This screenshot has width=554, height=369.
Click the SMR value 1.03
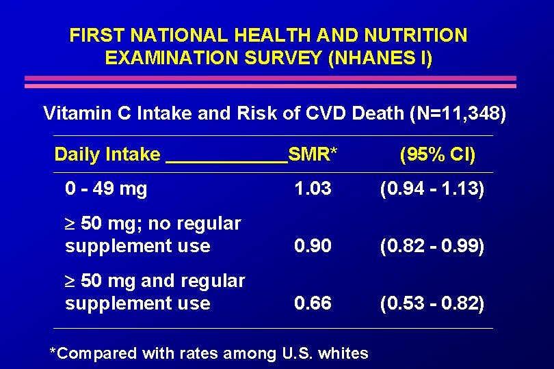[313, 189]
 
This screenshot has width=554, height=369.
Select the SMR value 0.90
[313, 246]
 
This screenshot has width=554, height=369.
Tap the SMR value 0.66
[313, 303]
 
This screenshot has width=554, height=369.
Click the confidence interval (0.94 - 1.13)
[432, 189]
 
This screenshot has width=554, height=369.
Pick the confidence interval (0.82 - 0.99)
[432, 246]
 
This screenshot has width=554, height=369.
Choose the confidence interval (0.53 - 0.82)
[432, 303]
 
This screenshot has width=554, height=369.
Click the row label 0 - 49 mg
[105, 189]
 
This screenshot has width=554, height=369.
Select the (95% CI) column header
[437, 154]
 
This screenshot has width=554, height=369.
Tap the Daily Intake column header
[107, 154]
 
